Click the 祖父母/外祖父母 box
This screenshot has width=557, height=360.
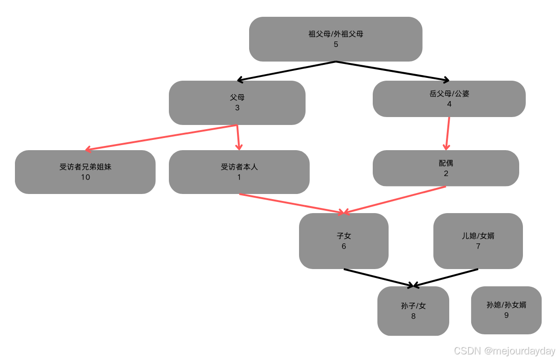[335, 39]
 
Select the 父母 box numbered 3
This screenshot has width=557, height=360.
[237, 103]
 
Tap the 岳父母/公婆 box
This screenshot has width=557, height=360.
[449, 99]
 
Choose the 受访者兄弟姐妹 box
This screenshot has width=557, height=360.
[85, 172]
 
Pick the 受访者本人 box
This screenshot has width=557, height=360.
[239, 172]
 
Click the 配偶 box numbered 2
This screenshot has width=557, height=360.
[446, 168]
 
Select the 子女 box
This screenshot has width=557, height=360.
[343, 241]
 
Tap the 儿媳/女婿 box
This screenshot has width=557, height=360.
[478, 241]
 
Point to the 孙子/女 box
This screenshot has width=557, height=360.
[413, 311]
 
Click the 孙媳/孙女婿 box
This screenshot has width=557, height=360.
[506, 310]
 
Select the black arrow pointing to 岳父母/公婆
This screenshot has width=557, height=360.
[392, 71]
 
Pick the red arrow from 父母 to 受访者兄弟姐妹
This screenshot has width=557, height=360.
[161, 138]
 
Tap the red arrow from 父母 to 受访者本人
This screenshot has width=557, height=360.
[238, 138]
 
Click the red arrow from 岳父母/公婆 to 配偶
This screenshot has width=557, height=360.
[448, 133]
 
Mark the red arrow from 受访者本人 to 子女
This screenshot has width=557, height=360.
[292, 203]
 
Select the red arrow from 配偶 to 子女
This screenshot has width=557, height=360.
[395, 200]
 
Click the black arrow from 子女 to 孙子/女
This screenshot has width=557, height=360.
[378, 277]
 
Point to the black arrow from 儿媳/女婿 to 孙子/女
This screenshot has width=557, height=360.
[446, 277]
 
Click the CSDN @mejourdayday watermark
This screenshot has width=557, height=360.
[505, 351]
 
